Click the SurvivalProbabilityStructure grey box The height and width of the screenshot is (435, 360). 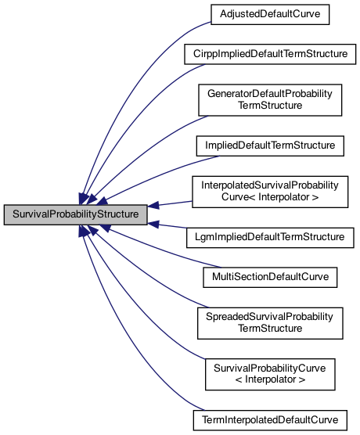coord(74,214)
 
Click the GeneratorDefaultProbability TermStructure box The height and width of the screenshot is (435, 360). coord(268,99)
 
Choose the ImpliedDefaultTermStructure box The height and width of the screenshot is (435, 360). coord(268,146)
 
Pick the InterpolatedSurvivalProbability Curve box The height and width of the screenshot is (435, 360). coord(268,191)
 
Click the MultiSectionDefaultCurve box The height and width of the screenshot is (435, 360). coord(268,276)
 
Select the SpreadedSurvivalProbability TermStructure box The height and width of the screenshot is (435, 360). coord(268,322)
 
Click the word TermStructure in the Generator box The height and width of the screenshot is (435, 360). coord(268,106)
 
